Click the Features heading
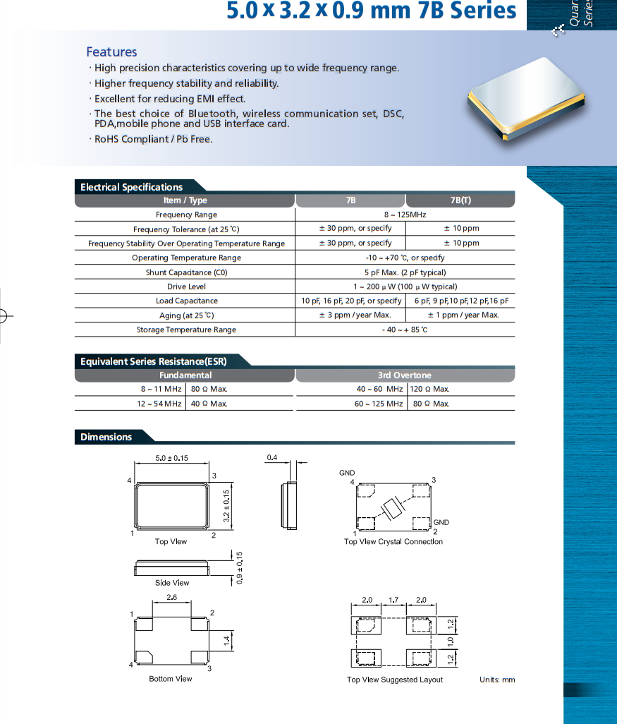(111, 52)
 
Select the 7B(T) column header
(460, 200)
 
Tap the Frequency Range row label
(186, 215)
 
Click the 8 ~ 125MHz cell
(405, 215)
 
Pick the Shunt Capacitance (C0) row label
(186, 272)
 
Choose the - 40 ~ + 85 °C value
(405, 330)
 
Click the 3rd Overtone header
(404, 375)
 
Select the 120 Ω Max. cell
(430, 389)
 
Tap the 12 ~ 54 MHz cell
(161, 404)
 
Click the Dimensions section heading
(106, 437)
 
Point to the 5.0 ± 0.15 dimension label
(171, 458)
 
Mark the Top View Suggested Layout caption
(395, 680)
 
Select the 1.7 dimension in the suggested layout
(393, 600)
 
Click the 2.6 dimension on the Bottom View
(171, 598)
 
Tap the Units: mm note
(497, 680)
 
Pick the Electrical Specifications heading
(131, 187)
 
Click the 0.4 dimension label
(272, 458)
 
